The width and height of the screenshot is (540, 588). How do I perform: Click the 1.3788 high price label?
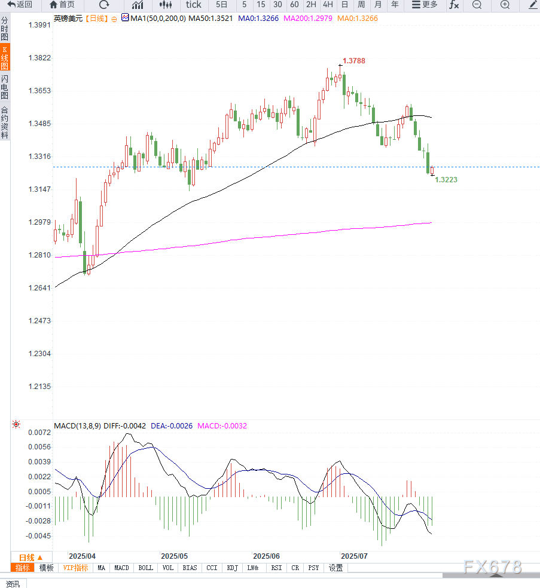click(x=353, y=61)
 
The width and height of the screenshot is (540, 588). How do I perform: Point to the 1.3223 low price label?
click(x=446, y=179)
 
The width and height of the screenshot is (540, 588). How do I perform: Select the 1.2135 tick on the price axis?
click(x=39, y=387)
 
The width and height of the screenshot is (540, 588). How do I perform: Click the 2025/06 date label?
click(x=267, y=556)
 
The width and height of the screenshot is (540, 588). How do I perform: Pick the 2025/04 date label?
click(x=82, y=556)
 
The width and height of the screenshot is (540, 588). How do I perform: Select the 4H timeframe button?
click(x=328, y=5)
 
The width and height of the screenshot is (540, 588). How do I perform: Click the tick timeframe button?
click(x=193, y=5)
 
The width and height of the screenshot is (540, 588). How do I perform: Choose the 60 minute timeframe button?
click(x=294, y=5)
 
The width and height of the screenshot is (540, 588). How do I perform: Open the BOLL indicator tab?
click(x=145, y=568)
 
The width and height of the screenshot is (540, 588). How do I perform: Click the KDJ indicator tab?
click(x=232, y=568)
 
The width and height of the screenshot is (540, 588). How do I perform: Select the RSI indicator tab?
click(x=276, y=568)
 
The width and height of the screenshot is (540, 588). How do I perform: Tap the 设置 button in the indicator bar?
click(x=336, y=568)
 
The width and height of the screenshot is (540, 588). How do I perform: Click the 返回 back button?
click(x=20, y=5)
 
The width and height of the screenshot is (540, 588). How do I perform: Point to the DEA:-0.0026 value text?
click(x=172, y=426)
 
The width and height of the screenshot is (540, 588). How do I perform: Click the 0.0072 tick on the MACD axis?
click(x=39, y=432)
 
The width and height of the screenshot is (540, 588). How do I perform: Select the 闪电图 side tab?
click(x=5, y=87)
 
